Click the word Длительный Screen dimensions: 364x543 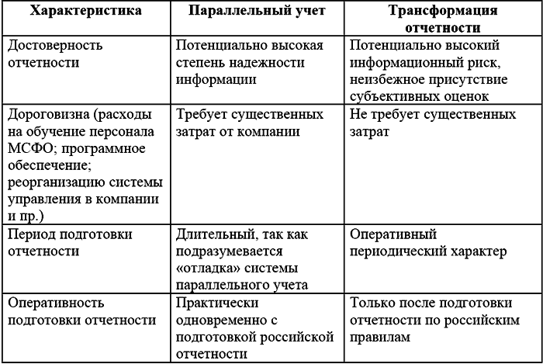213,234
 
